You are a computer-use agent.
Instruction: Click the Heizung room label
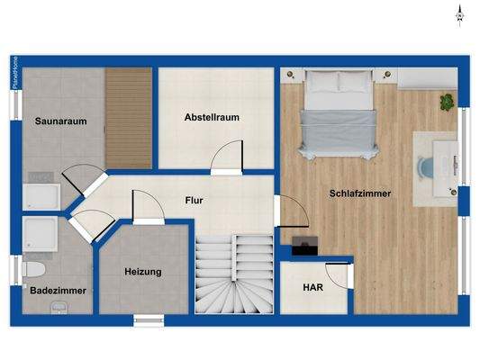tap(143, 272)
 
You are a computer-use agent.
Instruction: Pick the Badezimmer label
tap(59, 291)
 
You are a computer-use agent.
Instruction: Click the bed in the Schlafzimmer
tap(338, 112)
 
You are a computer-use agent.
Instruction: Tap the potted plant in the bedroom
tap(447, 102)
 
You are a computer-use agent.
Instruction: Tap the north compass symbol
tap(458, 13)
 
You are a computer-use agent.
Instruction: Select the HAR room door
tap(338, 274)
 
